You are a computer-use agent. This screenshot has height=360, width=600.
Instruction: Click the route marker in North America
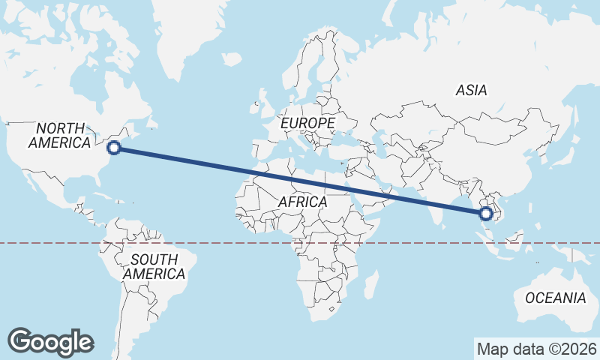[114, 148]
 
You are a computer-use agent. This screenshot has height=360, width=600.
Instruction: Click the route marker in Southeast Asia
[486, 214]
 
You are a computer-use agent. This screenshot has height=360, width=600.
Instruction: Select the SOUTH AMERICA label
[154, 266]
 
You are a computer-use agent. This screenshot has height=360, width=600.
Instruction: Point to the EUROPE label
[307, 122]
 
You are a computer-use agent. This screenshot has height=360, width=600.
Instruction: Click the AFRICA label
[302, 202]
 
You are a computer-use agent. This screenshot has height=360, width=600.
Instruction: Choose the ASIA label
[471, 91]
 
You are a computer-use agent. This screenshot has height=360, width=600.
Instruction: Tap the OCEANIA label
[555, 298]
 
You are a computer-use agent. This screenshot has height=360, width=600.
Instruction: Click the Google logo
[51, 341]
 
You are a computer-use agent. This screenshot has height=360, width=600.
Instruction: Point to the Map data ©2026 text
[537, 349]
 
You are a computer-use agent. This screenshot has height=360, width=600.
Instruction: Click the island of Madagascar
[368, 286]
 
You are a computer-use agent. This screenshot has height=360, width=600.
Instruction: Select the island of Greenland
[187, 37]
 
